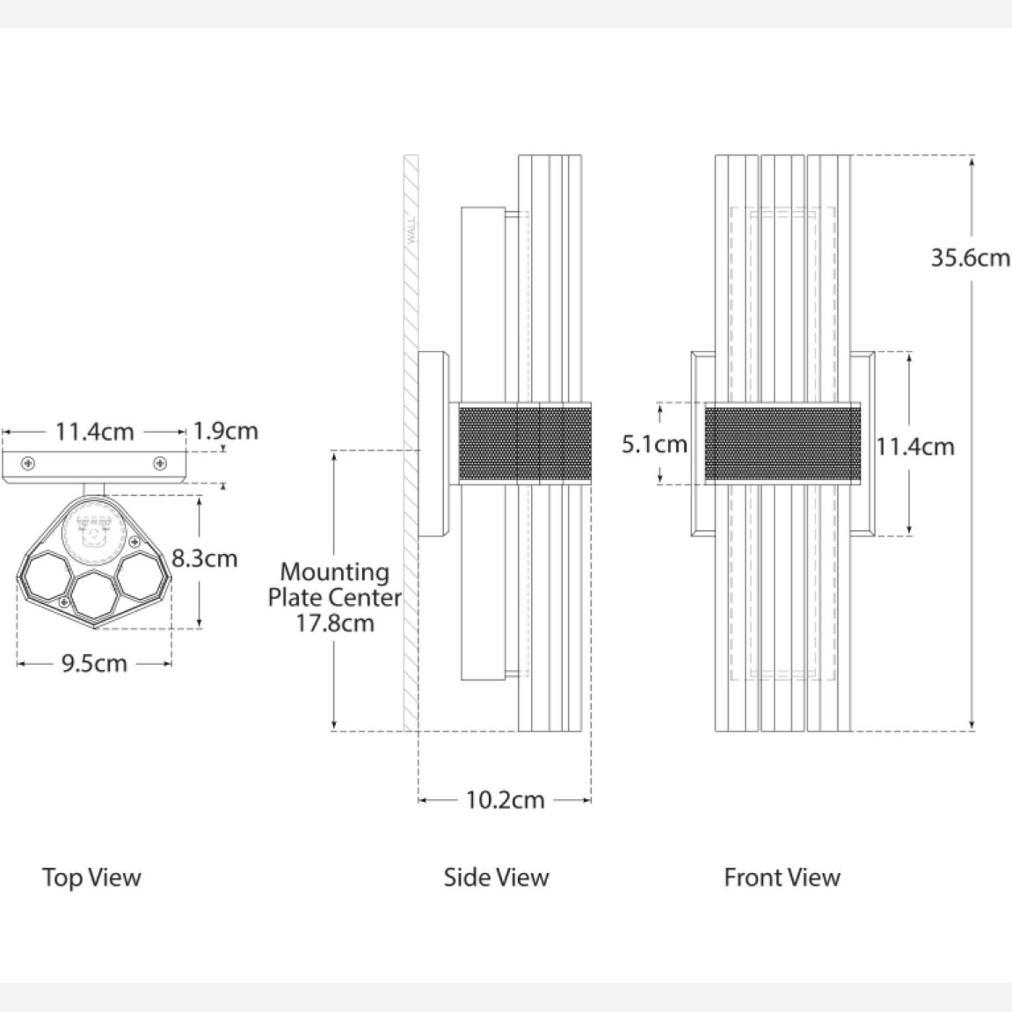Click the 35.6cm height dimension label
tap(969, 258)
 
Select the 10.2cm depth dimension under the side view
tap(505, 800)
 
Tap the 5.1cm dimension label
tap(654, 444)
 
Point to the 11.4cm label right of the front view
tap(915, 447)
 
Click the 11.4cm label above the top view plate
tap(94, 432)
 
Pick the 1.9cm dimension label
tap(225, 431)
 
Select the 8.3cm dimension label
tap(204, 559)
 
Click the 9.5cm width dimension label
tap(94, 664)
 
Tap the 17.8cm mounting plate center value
tap(335, 623)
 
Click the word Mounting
tap(335, 572)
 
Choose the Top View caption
tap(92, 877)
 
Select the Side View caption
tap(496, 877)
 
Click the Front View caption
tap(782, 877)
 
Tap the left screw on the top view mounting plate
tap(28, 463)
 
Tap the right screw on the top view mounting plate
tap(160, 463)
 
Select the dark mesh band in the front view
tap(782, 443)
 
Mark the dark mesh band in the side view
tap(524, 443)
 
